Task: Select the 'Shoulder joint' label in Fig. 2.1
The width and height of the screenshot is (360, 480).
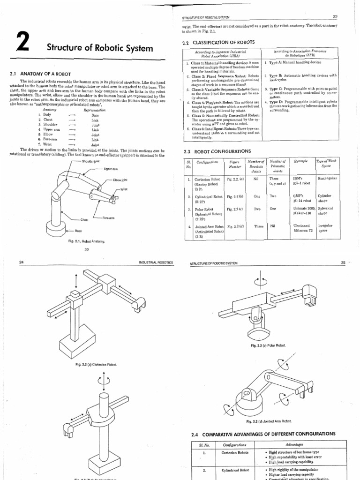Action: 91,161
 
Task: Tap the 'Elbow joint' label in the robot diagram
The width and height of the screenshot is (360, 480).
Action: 120,180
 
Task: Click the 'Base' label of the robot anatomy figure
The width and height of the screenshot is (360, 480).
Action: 79,231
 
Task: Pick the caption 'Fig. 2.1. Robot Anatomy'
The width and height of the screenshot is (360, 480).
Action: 86,241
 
